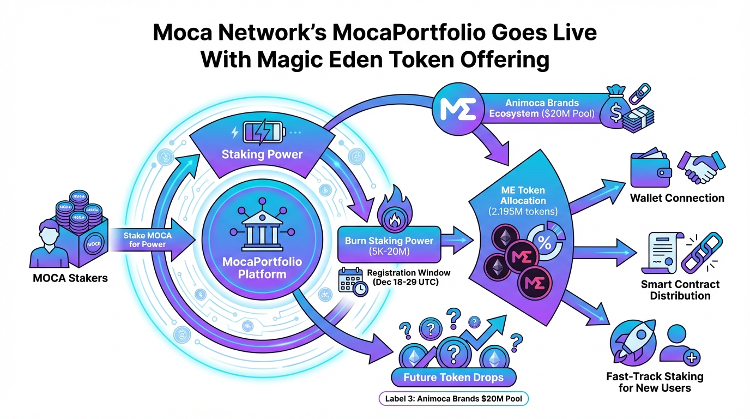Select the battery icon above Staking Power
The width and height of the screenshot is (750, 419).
point(262,132)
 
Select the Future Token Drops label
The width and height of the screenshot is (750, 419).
point(453,377)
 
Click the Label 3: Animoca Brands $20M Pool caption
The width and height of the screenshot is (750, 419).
point(453,399)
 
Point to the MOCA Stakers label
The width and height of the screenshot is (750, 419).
point(70,278)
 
